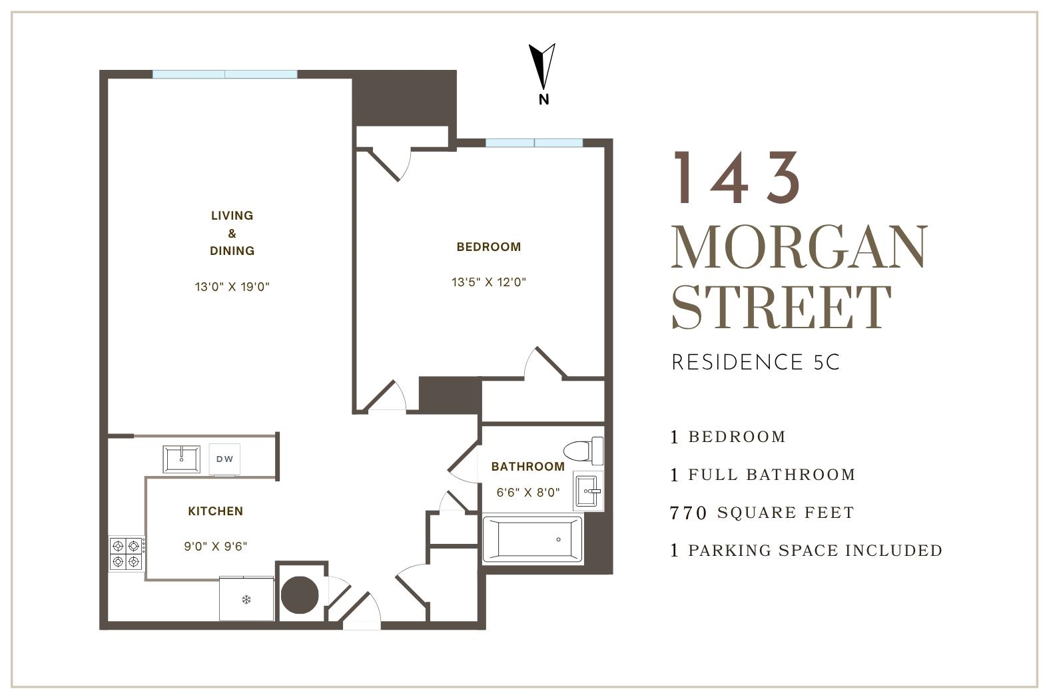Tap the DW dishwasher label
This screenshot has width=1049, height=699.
click(x=225, y=459)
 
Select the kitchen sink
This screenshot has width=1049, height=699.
click(x=181, y=459)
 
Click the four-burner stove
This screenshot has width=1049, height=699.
click(x=127, y=553)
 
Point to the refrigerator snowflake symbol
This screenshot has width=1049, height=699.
click(x=246, y=600)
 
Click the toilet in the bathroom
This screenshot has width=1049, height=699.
click(x=583, y=451)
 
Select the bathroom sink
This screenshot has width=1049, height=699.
click(x=587, y=491)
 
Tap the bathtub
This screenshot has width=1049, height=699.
click(x=532, y=539)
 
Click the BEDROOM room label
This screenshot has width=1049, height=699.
click(x=488, y=247)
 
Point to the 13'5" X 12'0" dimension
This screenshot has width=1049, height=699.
click(x=488, y=282)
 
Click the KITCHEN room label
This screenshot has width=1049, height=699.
click(x=215, y=511)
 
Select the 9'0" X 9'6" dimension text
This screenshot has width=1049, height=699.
click(x=215, y=547)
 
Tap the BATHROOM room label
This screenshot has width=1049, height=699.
click(x=527, y=466)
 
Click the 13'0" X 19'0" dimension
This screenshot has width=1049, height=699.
click(x=232, y=286)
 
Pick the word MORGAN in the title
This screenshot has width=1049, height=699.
click(x=799, y=246)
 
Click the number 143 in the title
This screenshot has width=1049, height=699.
click(x=737, y=178)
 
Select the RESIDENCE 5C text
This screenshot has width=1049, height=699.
click(x=755, y=362)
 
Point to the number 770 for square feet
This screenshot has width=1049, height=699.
click(x=688, y=513)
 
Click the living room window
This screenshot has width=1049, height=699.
click(x=225, y=74)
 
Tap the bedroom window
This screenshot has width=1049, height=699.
click(x=534, y=143)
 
